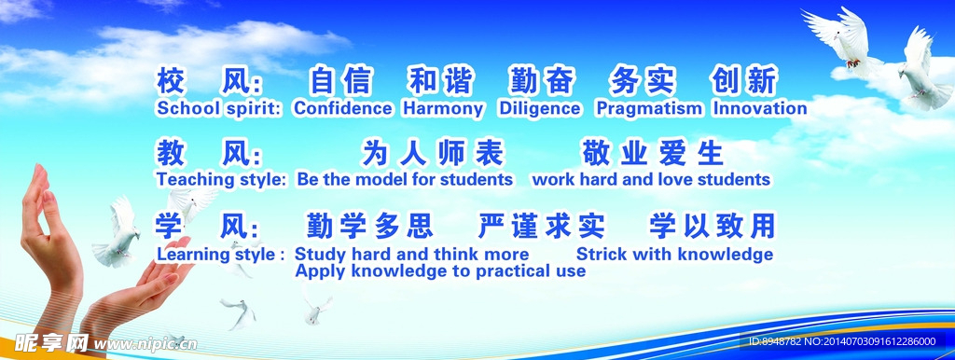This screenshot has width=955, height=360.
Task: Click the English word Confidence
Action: (343, 108)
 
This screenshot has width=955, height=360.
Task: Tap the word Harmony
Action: (443, 109)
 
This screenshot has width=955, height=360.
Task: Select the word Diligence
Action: (540, 109)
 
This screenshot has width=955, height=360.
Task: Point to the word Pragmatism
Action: (649, 109)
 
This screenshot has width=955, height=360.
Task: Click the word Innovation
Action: (760, 108)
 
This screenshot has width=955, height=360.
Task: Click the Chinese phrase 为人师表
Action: (433, 153)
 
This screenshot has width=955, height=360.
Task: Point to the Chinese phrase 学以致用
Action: (712, 226)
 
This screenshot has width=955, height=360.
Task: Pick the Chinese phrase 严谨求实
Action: (542, 226)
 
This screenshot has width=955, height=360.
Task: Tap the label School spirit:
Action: (219, 109)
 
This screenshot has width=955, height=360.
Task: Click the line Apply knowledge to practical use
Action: (440, 271)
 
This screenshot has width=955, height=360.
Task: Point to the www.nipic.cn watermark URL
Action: (145, 344)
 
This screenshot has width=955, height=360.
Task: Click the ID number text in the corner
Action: (842, 341)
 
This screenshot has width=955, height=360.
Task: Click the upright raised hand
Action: (50, 243)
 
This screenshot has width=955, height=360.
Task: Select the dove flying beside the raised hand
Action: (118, 232)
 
